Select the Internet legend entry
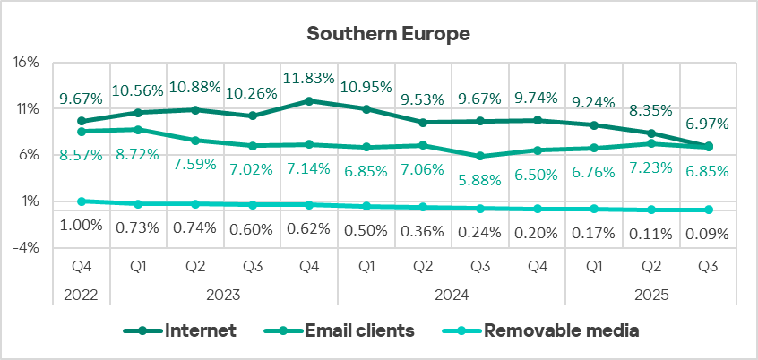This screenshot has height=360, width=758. [x=200, y=330]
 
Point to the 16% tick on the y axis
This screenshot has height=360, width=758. [x=27, y=63]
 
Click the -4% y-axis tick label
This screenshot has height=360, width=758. [x=27, y=248]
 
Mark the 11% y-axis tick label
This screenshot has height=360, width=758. [x=27, y=109]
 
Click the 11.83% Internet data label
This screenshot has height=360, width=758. [x=309, y=78]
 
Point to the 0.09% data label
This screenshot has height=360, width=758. [x=707, y=235]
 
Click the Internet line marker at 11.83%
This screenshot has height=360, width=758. [x=309, y=101]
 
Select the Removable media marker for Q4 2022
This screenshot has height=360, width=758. [x=82, y=201]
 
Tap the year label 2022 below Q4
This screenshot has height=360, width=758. [x=82, y=293]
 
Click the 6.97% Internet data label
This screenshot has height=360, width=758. [x=707, y=124]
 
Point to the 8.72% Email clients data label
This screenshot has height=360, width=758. [x=137, y=154]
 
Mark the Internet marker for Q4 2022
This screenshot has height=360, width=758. [x=82, y=121]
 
